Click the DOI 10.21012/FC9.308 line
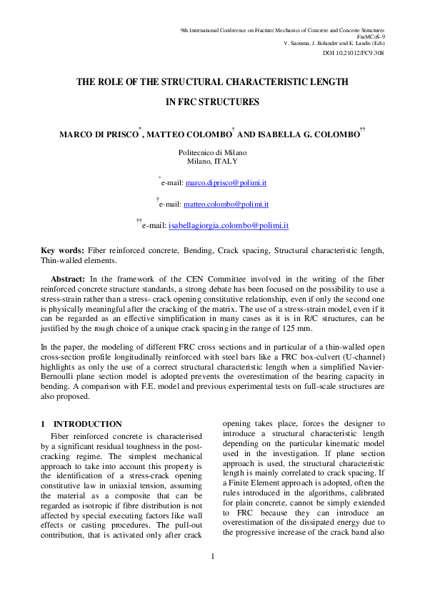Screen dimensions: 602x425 [x=354, y=53]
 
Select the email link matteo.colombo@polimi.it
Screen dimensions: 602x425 [x=226, y=204]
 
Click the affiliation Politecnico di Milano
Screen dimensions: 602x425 [x=212, y=153]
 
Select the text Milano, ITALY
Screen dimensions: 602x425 [x=212, y=162]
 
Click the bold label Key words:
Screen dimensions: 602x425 [x=62, y=250]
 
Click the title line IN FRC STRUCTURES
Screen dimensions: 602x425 [x=212, y=102]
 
